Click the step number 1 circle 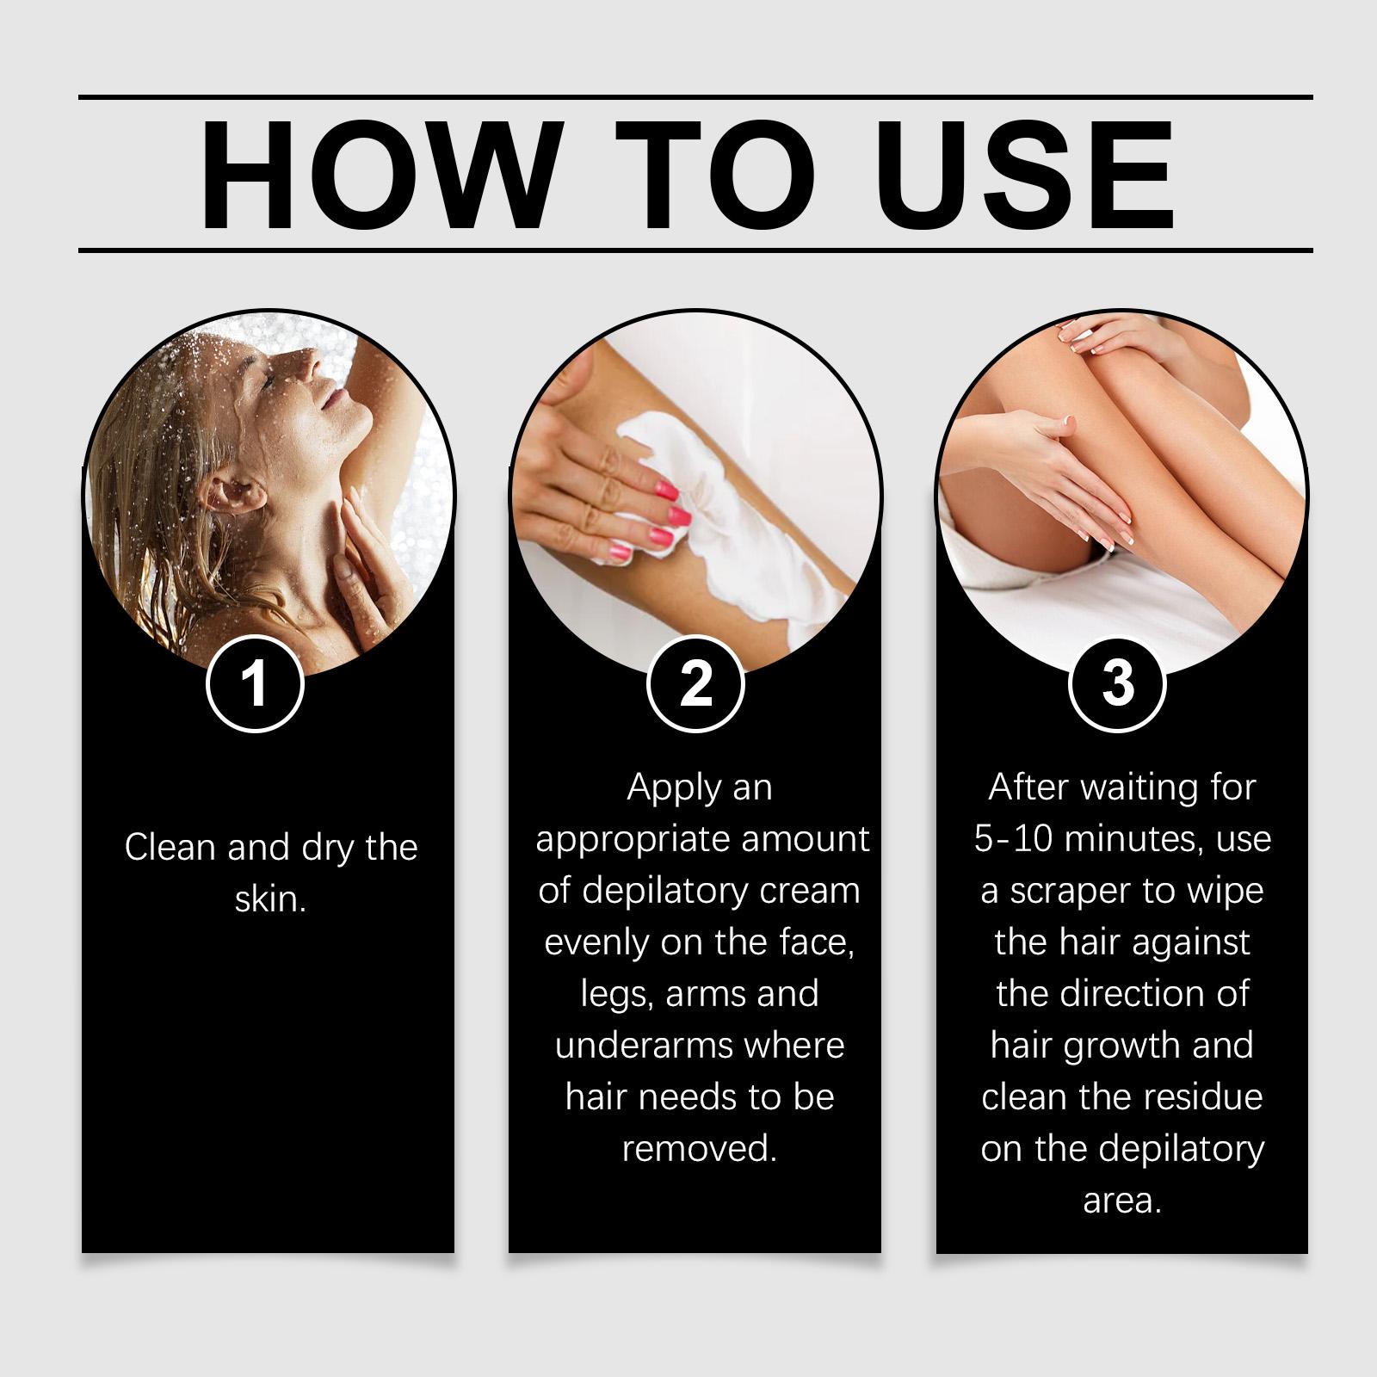click(x=255, y=684)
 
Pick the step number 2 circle click(x=695, y=684)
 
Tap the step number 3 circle click(x=1117, y=684)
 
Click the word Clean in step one click(x=171, y=848)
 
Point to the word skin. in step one click(x=270, y=899)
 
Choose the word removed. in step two click(x=700, y=1149)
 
